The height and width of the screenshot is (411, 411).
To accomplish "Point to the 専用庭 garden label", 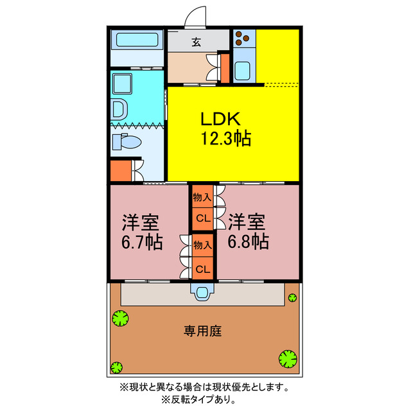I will point(203,331).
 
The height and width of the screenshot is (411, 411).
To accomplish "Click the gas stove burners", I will point(244,40).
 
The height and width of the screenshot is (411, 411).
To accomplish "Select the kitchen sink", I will point(243,69).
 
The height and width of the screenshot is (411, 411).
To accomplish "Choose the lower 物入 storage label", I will point(202,245).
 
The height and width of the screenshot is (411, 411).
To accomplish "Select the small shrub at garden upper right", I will point(293,297).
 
